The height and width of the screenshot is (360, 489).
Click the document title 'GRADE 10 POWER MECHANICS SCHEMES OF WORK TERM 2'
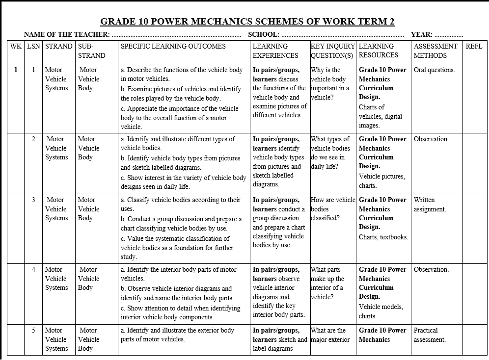point(247,22)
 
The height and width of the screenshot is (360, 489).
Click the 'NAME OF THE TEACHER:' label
point(67,34)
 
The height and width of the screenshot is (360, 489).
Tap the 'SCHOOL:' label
point(264,34)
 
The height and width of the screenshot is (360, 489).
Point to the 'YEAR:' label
point(422,34)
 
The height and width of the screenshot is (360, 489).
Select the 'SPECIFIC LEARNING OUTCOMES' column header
point(173,46)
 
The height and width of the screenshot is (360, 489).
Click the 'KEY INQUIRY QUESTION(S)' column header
point(332,51)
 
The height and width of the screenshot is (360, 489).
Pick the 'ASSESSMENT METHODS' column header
point(435,51)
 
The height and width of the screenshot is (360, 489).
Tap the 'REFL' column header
point(474,46)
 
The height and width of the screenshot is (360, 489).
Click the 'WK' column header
point(16,46)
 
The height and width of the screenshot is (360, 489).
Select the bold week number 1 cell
point(16,70)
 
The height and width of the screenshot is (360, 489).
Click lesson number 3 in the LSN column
point(33,200)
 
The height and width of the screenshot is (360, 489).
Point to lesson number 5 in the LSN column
point(33,330)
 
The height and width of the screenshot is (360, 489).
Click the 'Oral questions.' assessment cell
point(435,70)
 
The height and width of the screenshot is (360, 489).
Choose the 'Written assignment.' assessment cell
point(430,205)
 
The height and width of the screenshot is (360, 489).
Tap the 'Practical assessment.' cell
point(430,335)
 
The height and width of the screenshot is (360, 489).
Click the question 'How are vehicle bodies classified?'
point(332,209)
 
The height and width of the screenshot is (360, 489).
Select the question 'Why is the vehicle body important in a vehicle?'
point(330,83)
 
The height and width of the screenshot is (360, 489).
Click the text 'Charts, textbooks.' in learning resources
point(383,237)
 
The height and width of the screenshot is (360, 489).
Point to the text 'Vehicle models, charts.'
point(381,311)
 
